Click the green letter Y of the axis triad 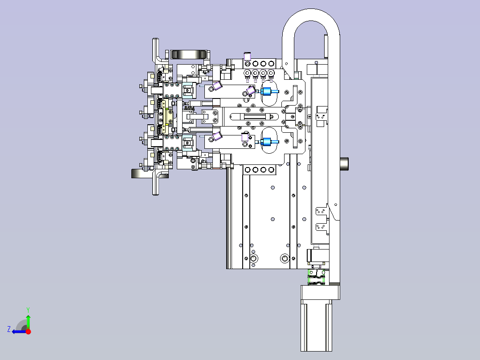28,310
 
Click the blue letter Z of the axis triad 9,329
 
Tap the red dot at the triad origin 28,331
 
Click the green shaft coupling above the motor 317,277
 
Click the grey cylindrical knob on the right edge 344,164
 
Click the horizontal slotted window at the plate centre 254,117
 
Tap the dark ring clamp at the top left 189,54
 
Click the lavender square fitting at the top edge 248,57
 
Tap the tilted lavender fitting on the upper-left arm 217,86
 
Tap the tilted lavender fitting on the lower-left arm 217,136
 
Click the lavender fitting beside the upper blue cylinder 251,90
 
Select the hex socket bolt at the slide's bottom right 285,258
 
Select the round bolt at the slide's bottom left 254,258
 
